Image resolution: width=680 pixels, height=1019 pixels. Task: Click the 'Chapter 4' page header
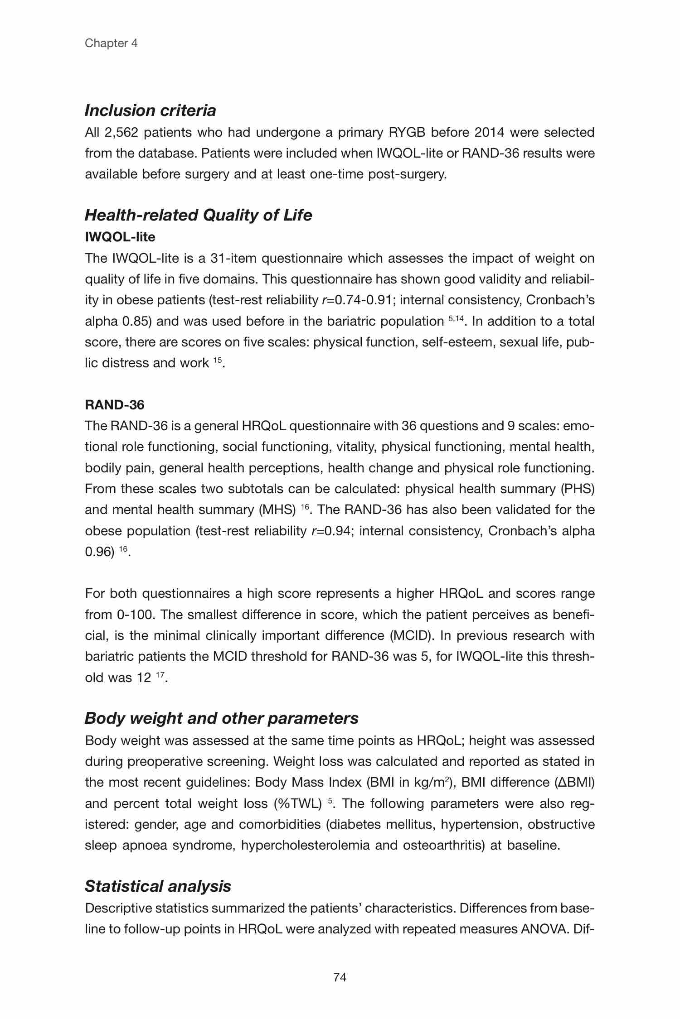pyautogui.click(x=111, y=43)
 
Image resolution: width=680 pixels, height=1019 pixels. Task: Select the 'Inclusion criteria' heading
pyautogui.click(x=150, y=110)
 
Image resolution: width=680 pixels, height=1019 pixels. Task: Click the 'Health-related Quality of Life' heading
pyautogui.click(x=198, y=215)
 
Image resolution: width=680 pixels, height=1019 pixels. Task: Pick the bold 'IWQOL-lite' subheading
pyautogui.click(x=120, y=237)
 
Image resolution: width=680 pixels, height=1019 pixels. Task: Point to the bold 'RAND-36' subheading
pyautogui.click(x=114, y=404)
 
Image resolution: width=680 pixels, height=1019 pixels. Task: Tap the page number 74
pyautogui.click(x=340, y=977)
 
